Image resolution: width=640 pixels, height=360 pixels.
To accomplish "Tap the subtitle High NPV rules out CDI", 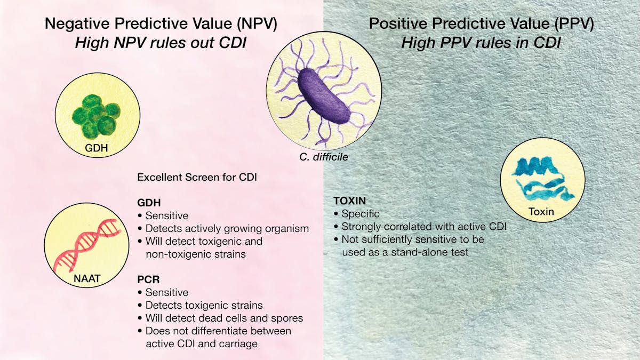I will pyautogui.click(x=160, y=43).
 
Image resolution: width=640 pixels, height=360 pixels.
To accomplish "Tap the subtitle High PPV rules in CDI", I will pyautogui.click(x=481, y=43).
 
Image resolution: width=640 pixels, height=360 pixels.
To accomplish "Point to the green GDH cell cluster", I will pyautogui.click(x=94, y=114).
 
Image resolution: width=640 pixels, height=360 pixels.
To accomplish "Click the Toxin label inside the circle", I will pyautogui.click(x=541, y=212).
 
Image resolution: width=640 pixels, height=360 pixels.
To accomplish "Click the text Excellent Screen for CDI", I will pyautogui.click(x=197, y=177).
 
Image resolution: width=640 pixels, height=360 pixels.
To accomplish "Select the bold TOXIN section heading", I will pyautogui.click(x=350, y=201).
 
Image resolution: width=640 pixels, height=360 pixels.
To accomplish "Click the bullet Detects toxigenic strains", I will pyautogui.click(x=204, y=305).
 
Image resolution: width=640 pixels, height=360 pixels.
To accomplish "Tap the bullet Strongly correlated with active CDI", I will pyautogui.click(x=423, y=227).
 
